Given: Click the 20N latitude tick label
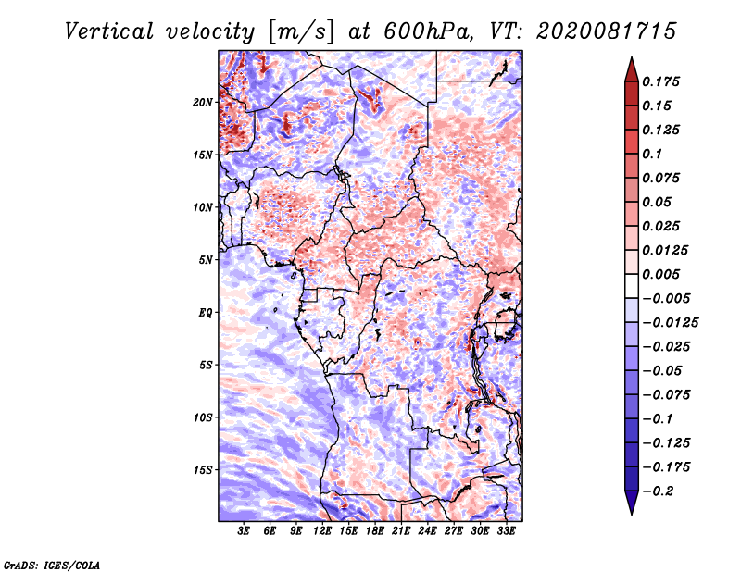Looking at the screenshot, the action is pyautogui.click(x=202, y=103).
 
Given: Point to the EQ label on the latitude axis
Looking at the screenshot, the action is pyautogui.click(x=205, y=313).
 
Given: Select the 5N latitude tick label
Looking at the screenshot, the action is pyautogui.click(x=206, y=260).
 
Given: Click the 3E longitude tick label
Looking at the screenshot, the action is pyautogui.click(x=244, y=531).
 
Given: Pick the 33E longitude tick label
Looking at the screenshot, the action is pyautogui.click(x=506, y=531).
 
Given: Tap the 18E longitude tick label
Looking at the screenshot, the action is pyautogui.click(x=375, y=531).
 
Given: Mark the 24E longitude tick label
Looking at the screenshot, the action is pyautogui.click(x=427, y=531).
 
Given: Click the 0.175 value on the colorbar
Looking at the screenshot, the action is pyautogui.click(x=660, y=81).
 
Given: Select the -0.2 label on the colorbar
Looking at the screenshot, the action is pyautogui.click(x=658, y=491).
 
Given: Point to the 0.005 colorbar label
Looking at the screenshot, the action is pyautogui.click(x=660, y=274).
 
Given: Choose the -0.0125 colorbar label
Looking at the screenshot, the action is pyautogui.click(x=670, y=323).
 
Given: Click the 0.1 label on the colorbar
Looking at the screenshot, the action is pyautogui.click(x=652, y=154).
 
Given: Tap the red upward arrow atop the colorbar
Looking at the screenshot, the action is pyautogui.click(x=632, y=69).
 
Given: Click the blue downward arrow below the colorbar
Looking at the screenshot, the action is pyautogui.click(x=632, y=503).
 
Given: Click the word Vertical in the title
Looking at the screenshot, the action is pyautogui.click(x=109, y=31).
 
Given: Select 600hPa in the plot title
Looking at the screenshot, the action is pyautogui.click(x=427, y=31).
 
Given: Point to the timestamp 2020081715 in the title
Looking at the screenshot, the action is pyautogui.click(x=607, y=31).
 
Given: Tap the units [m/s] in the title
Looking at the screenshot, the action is pyautogui.click(x=301, y=31).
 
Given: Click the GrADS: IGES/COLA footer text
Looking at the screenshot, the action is pyautogui.click(x=52, y=565).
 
